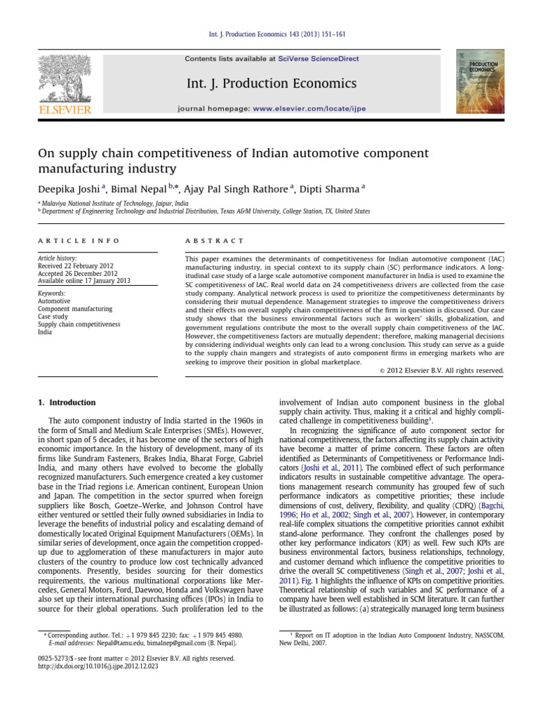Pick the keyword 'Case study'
click(x=53, y=316)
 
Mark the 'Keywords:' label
click(x=53, y=294)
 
